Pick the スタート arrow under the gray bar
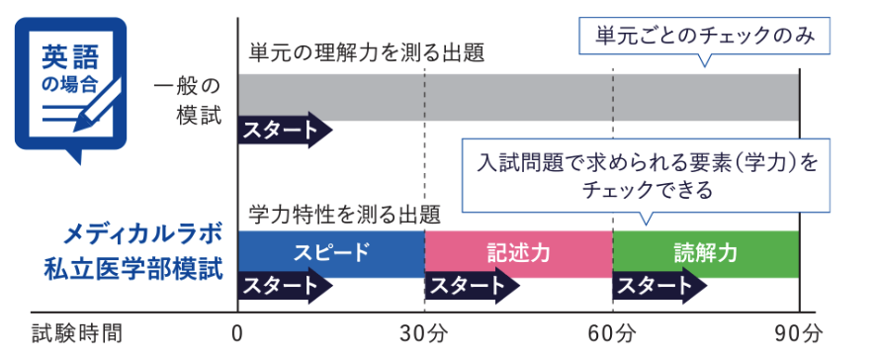coord(283,131)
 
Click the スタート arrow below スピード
coord(283,286)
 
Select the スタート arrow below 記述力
coord(471,286)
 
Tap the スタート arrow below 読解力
coord(658,286)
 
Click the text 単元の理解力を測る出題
coord(367,53)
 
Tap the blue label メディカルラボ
coord(142,234)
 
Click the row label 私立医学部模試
coord(132,270)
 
